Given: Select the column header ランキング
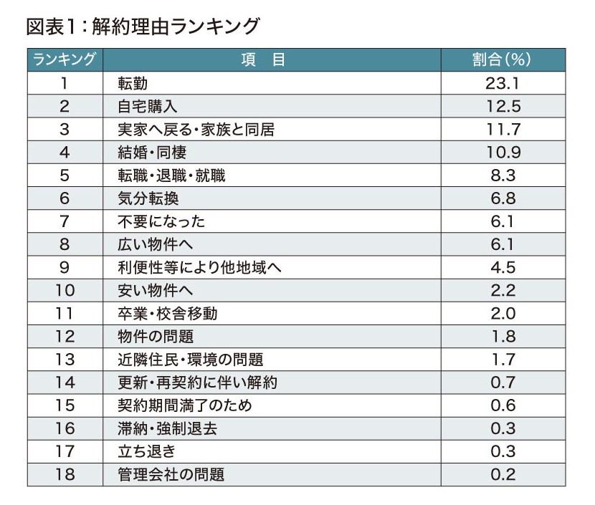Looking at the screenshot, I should pyautogui.click(x=65, y=59).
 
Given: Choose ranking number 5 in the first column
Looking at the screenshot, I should pyautogui.click(x=65, y=175).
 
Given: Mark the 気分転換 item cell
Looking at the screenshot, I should pyautogui.click(x=147, y=198).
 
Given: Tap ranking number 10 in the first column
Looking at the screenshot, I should pyautogui.click(x=65, y=290).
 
